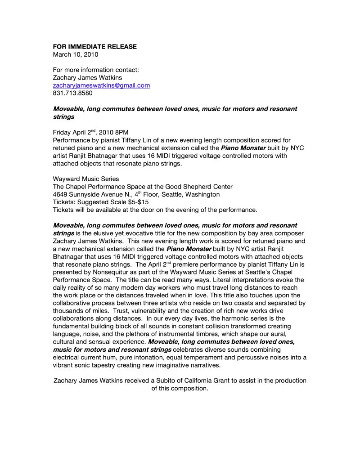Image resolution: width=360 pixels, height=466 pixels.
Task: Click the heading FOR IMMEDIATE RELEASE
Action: pos(95,47)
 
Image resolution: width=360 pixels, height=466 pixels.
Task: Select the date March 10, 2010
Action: pos(75,54)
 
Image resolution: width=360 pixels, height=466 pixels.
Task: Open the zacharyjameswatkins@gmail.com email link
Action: pos(101,85)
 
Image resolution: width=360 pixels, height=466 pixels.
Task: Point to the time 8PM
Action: pos(121,132)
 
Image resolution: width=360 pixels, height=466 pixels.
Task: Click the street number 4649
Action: pos(61,194)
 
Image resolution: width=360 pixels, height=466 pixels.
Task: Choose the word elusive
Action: pos(107,233)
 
